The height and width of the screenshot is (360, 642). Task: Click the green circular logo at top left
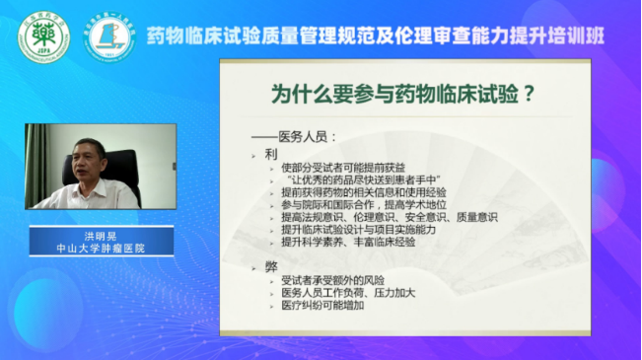(x=44, y=36)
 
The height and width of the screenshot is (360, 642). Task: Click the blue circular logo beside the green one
(x=108, y=36)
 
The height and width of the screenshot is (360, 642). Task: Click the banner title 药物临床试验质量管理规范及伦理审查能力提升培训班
(x=376, y=36)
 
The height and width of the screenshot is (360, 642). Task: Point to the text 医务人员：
(x=297, y=139)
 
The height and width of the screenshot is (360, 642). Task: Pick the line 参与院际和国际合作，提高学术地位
(x=364, y=204)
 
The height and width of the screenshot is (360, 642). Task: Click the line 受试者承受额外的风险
(x=332, y=281)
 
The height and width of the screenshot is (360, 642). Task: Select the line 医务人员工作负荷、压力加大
(x=348, y=293)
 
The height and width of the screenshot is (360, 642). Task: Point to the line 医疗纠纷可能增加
(x=322, y=305)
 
